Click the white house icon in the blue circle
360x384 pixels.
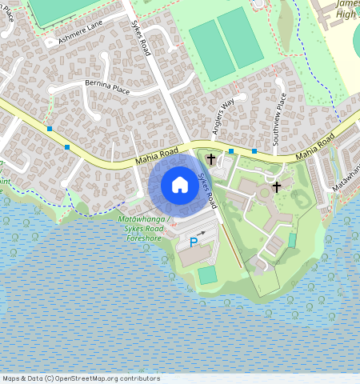click(180, 185)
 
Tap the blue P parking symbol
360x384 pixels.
click(194, 242)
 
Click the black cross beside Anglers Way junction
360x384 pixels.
click(211, 159)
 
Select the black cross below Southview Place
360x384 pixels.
click(277, 187)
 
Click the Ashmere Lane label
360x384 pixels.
click(80, 32)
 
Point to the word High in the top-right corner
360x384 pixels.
click(346, 14)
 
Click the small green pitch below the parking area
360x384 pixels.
click(207, 274)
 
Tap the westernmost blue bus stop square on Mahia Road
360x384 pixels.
click(50, 128)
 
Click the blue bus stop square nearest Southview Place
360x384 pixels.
click(254, 150)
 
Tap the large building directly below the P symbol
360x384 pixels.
click(191, 257)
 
